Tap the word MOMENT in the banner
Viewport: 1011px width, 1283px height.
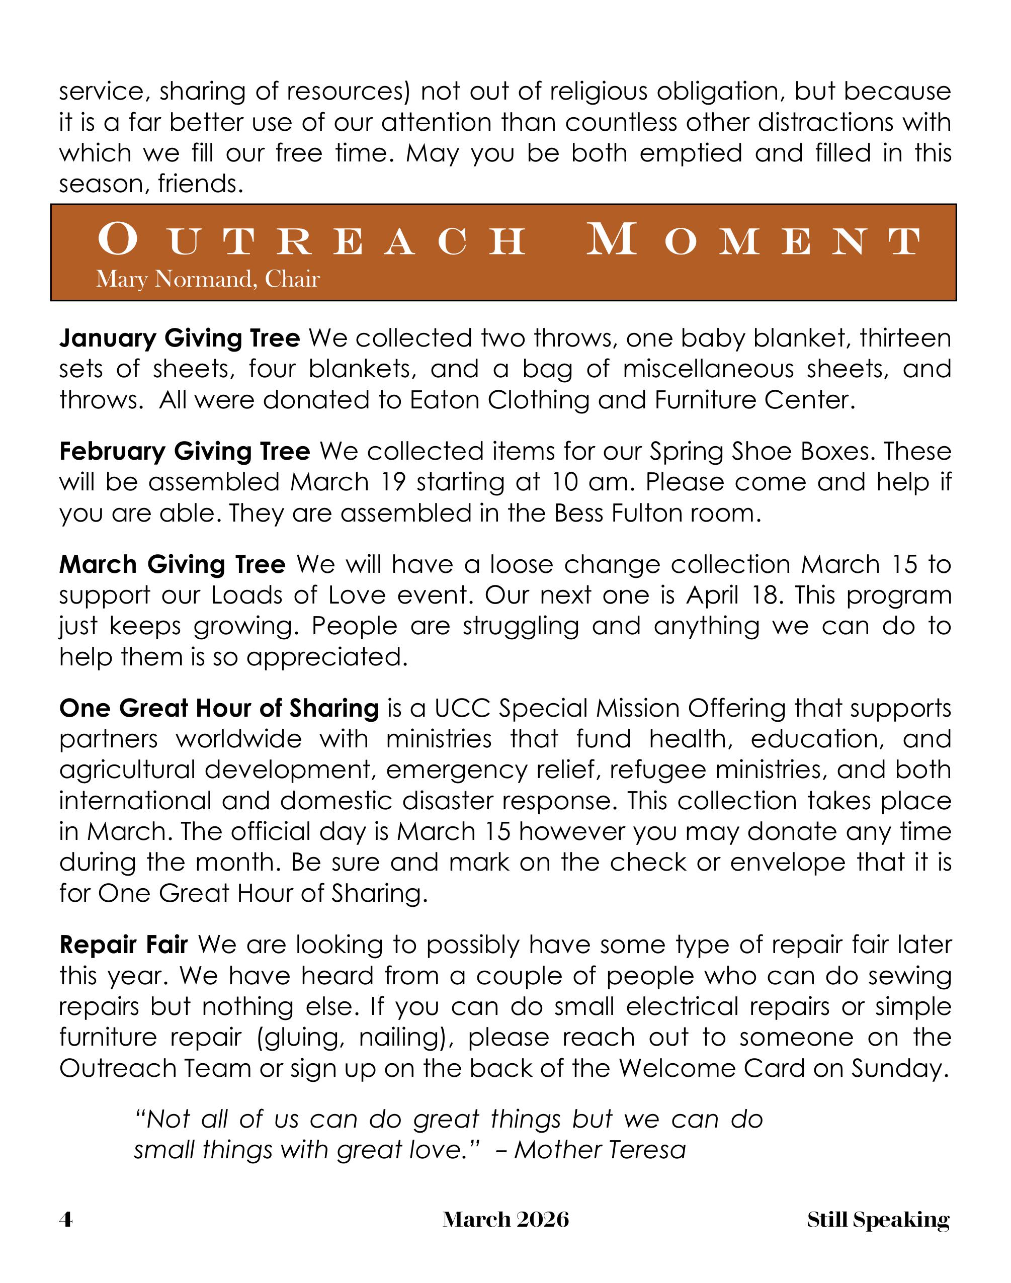coord(753,241)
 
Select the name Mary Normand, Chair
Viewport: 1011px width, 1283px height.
coord(208,279)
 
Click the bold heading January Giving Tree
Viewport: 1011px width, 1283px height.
coord(180,338)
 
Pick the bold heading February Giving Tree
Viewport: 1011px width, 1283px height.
coord(185,452)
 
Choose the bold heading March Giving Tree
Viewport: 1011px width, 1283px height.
coord(172,565)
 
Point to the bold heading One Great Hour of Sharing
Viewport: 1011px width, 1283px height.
coord(219,708)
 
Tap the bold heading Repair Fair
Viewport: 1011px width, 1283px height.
coord(124,945)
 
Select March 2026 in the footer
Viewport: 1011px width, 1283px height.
coord(506,1219)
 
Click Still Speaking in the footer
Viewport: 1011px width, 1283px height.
coord(878,1219)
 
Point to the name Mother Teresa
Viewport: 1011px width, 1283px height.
coord(600,1150)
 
